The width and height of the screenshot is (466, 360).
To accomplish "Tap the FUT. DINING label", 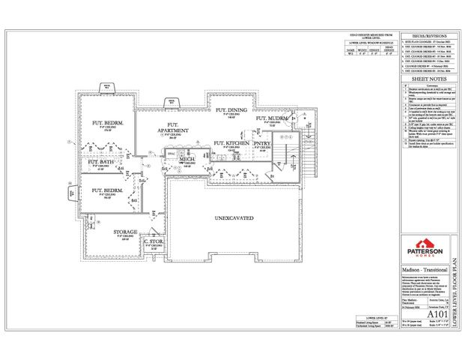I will coord(232,110).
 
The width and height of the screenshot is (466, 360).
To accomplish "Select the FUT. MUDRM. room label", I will coord(272,118).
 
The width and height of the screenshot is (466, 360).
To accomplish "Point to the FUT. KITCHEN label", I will coord(232,142).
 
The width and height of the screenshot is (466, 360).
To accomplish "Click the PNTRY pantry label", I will coord(261,142).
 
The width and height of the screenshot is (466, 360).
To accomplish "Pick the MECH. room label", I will coord(187,159).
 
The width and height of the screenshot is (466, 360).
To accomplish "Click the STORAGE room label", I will coord(126,232).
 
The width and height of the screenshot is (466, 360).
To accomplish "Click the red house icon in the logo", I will coord(425,244).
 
